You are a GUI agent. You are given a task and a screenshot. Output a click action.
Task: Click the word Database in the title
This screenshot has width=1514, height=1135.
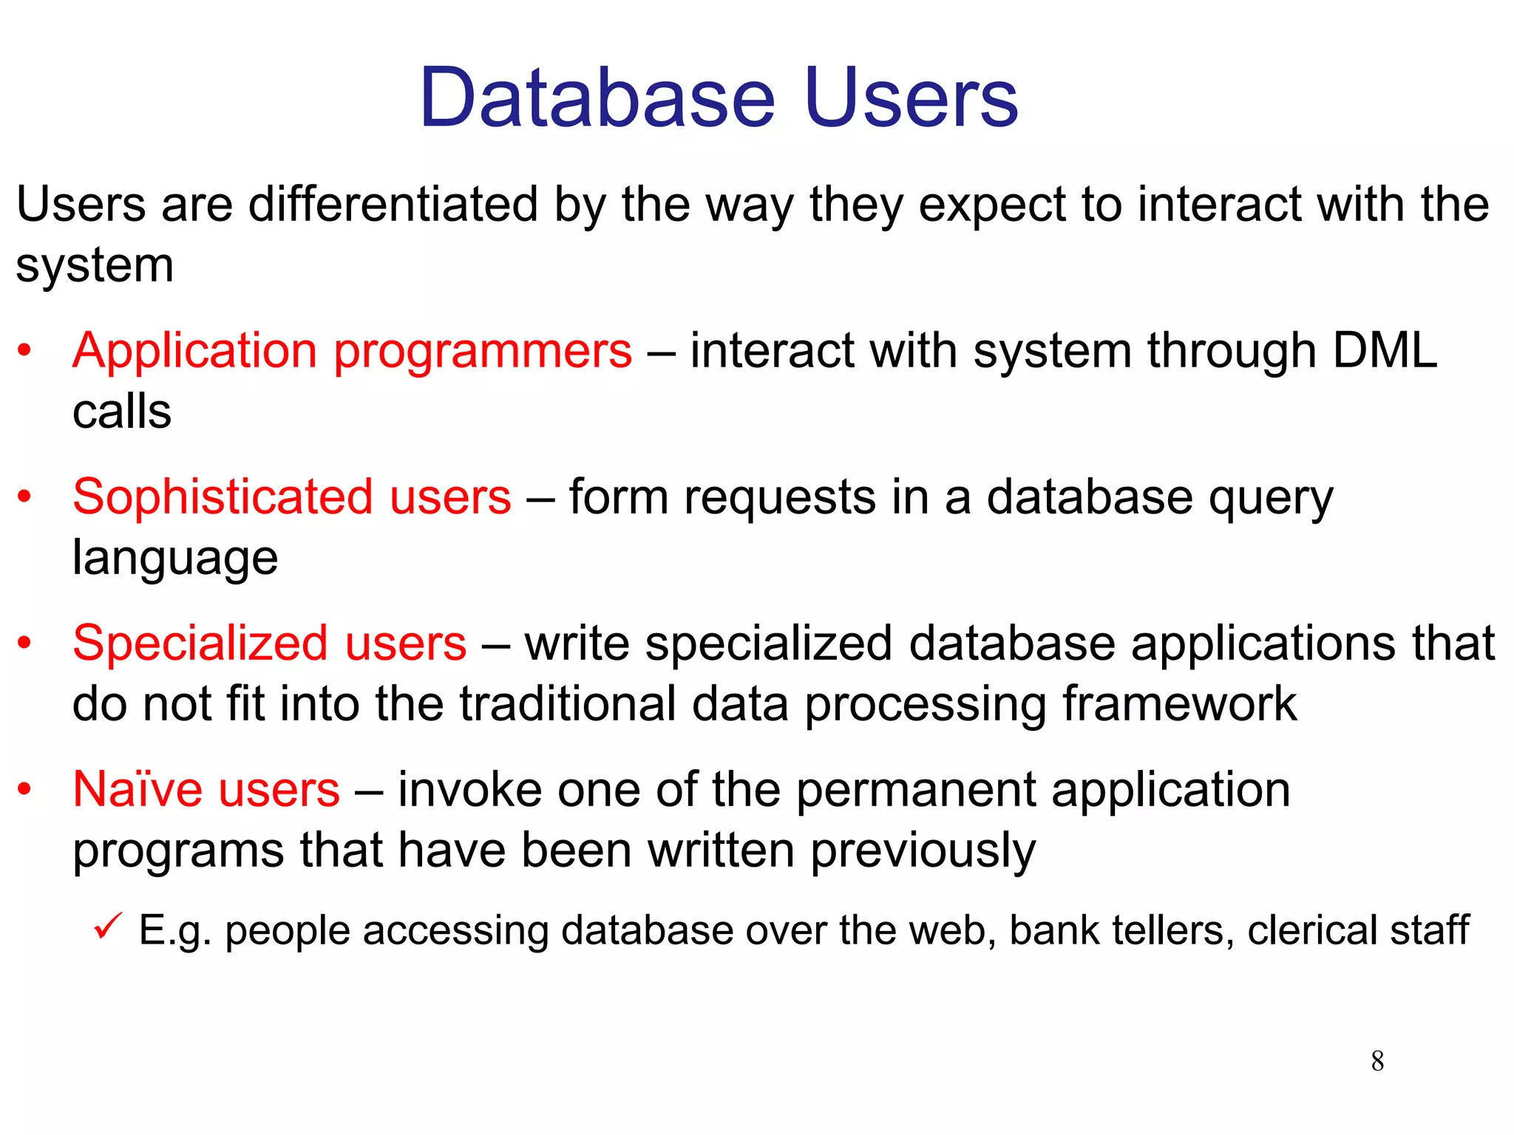click(x=597, y=98)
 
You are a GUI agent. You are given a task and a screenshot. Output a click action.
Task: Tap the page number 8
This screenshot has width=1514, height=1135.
click(x=1377, y=1061)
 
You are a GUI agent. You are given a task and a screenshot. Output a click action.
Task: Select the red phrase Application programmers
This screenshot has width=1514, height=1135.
click(x=352, y=350)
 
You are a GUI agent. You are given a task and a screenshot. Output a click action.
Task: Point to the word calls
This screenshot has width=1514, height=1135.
click(x=122, y=412)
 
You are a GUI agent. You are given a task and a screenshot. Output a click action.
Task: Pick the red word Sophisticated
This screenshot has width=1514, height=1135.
click(x=222, y=497)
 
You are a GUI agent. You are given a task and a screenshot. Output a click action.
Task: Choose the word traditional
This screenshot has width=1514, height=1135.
click(x=568, y=703)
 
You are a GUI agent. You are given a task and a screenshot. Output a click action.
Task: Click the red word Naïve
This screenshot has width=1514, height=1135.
click(x=137, y=789)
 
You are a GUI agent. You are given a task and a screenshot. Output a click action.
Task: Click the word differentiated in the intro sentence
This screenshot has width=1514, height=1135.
click(x=393, y=204)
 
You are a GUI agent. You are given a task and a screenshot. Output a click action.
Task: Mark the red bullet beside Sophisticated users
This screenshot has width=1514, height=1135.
click(x=25, y=497)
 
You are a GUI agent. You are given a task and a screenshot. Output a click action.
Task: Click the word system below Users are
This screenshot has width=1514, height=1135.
click(x=95, y=266)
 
